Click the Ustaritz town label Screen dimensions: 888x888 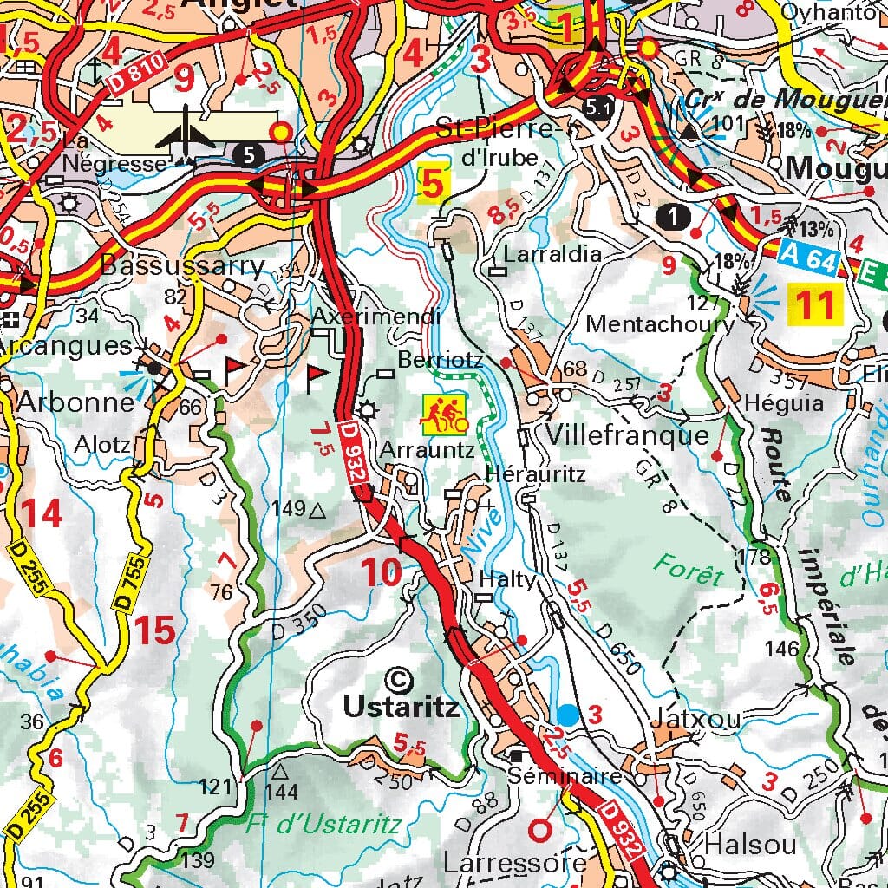tap(400, 706)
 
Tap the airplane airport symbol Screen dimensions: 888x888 tap(186, 134)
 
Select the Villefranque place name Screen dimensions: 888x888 tap(628, 434)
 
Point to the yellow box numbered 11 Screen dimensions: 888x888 tap(816, 304)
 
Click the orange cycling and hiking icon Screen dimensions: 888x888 tap(444, 415)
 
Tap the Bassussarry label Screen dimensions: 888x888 tap(183, 264)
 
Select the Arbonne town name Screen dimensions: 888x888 tap(75, 402)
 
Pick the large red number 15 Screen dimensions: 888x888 tap(154, 630)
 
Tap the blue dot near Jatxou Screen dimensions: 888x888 tap(568, 715)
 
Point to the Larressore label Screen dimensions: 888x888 tap(515, 863)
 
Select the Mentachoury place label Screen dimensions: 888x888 tap(659, 324)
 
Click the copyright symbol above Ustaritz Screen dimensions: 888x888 tap(399, 677)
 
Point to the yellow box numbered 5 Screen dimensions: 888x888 tap(433, 183)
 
